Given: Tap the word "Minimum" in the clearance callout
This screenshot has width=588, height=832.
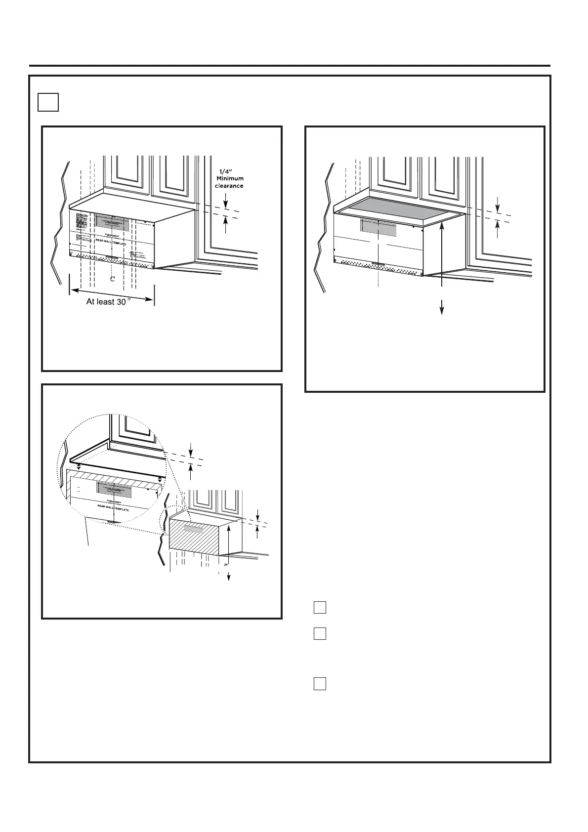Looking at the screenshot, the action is click(230, 178).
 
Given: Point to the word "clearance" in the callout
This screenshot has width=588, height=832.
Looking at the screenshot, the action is click(229, 186).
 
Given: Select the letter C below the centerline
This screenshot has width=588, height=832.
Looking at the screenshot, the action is click(113, 279).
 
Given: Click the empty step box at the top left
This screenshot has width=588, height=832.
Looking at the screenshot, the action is click(48, 102).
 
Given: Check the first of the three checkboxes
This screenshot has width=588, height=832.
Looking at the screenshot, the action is click(320, 607).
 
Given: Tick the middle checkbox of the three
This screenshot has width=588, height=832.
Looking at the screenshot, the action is click(320, 633).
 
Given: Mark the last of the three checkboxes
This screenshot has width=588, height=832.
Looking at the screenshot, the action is click(320, 684).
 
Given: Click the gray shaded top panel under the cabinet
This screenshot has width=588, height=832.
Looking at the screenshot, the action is click(400, 208).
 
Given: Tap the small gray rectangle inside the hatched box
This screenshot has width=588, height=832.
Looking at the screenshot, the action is click(193, 528).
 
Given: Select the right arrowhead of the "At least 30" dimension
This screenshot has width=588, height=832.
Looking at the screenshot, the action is click(150, 298).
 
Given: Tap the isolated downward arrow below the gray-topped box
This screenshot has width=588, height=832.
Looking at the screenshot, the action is click(442, 308).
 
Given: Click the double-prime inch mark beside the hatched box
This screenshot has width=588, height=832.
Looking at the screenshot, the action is click(226, 565).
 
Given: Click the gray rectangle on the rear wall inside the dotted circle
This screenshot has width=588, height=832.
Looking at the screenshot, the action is click(114, 490).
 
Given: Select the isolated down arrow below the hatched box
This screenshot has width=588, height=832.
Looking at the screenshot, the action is click(228, 576).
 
